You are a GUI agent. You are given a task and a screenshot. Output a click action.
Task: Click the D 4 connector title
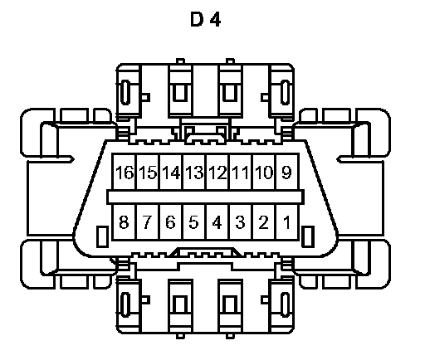206,19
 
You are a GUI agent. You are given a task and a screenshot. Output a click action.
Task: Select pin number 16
125,173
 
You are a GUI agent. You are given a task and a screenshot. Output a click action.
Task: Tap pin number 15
148,173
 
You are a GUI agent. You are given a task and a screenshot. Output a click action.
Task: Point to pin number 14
171,173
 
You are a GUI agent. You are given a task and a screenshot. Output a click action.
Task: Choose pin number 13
194,173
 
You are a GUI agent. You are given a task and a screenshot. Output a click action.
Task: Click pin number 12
217,173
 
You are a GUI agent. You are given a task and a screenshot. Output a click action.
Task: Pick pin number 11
240,173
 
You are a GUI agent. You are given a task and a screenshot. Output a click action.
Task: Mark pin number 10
264,173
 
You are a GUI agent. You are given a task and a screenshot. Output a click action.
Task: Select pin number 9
286,173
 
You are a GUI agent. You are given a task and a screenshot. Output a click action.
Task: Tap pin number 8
124,221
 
